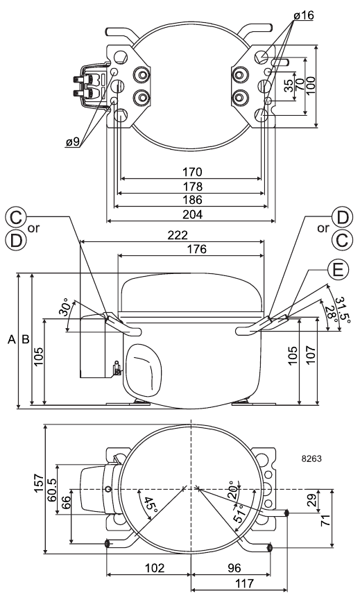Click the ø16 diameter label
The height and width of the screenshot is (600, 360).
[x=304, y=15]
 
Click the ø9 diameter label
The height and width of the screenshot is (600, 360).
[x=73, y=142]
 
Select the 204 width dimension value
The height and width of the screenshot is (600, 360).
[x=192, y=214]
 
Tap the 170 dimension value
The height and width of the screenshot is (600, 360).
[x=192, y=172]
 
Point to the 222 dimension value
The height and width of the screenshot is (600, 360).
[x=178, y=235]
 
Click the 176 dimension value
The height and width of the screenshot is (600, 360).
[x=196, y=249]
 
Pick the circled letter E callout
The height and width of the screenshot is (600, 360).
[x=338, y=271]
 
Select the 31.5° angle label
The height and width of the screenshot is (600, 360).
[x=343, y=309]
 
